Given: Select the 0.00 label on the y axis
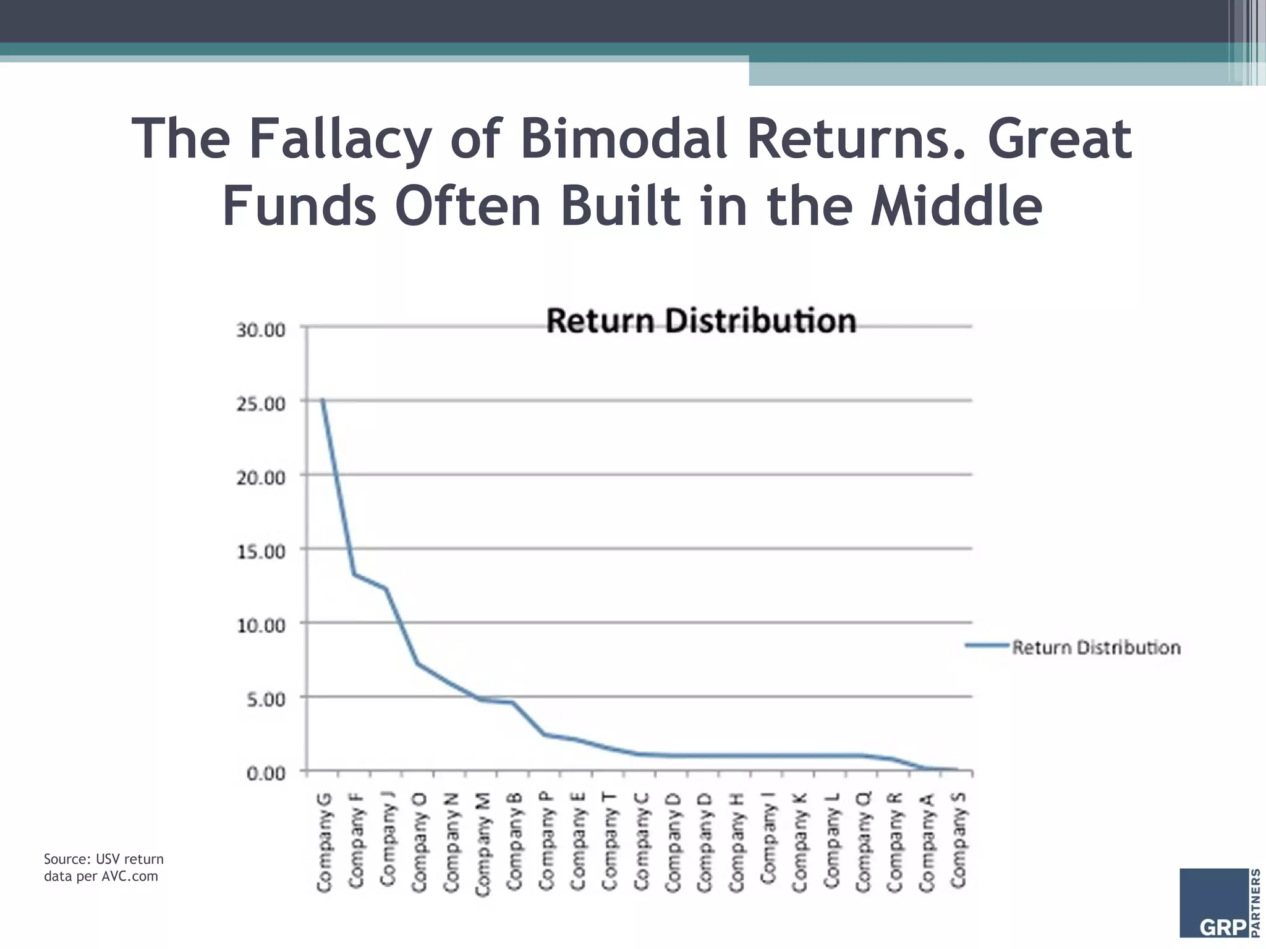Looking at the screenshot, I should (x=266, y=774).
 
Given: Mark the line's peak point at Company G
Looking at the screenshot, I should (x=323, y=400).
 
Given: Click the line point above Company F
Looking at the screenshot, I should (x=354, y=575).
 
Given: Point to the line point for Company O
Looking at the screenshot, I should (x=418, y=664).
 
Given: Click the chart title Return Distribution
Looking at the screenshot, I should (x=701, y=321).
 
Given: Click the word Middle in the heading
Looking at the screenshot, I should (x=956, y=206).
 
